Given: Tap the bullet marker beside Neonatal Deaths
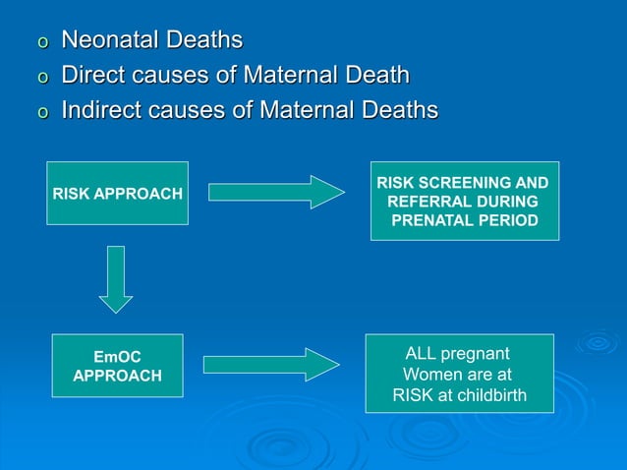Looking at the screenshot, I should tap(41, 43).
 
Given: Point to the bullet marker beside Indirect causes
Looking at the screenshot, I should tap(41, 113).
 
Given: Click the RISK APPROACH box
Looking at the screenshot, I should tap(117, 194).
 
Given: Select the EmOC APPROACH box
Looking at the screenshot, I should tap(117, 365).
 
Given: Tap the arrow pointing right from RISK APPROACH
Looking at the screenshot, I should tap(276, 192).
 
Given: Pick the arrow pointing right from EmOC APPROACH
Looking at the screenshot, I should tap(270, 365).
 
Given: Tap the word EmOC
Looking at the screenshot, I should tap(117, 355).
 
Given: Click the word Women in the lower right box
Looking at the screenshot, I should tap(428, 375).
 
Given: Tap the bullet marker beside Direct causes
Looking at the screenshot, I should tap(41, 79).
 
